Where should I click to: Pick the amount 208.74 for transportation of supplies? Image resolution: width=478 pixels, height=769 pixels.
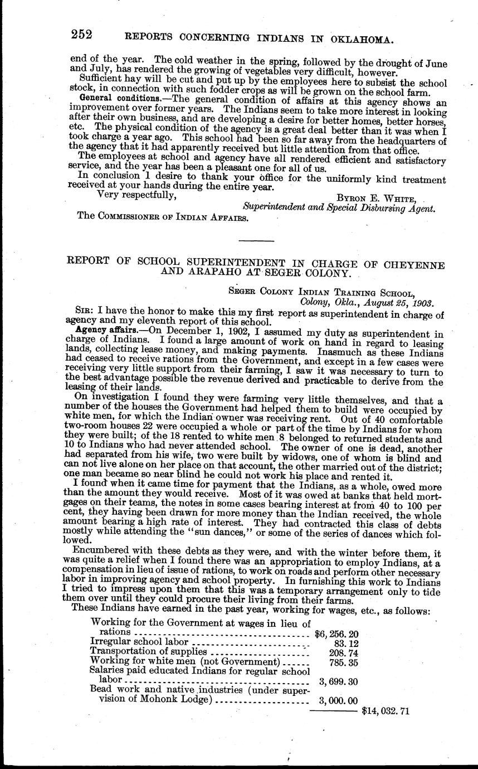click(x=343, y=651)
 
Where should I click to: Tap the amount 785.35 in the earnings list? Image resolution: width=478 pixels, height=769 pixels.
click(x=343, y=661)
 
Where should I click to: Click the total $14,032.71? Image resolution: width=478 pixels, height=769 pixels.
click(x=386, y=711)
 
